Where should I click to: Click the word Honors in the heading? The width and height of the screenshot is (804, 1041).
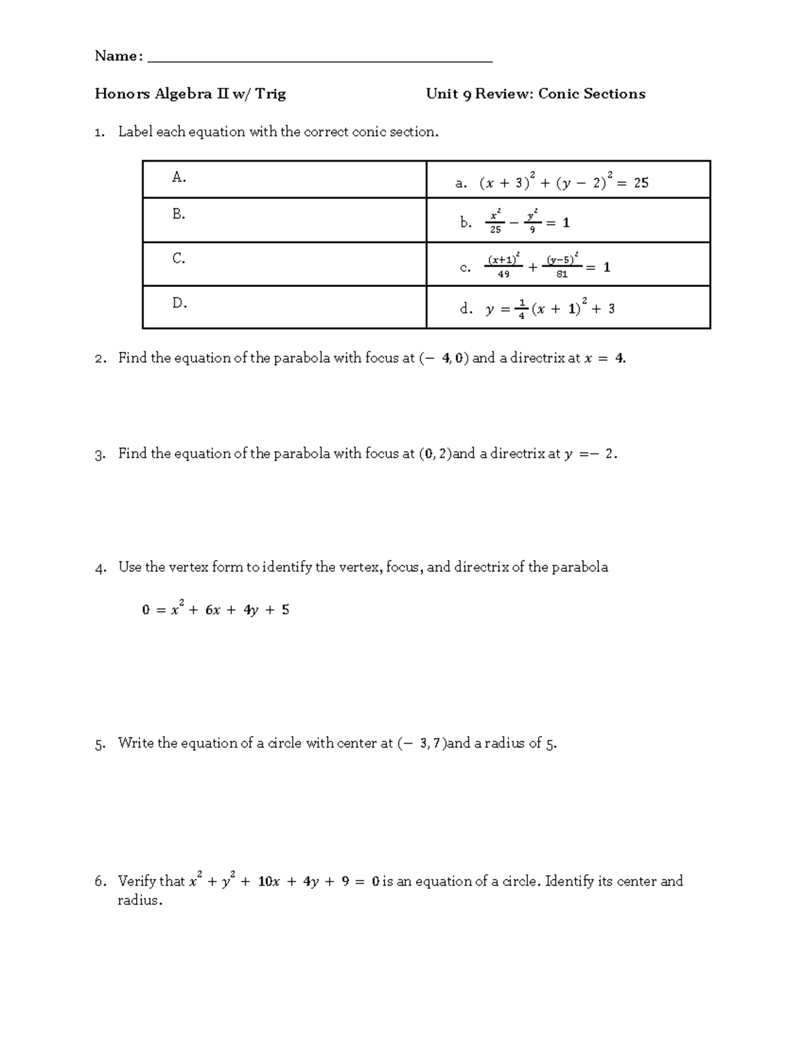(123, 94)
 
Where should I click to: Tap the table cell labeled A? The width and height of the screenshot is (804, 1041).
(284, 179)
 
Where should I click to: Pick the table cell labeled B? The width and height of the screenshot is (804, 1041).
(284, 220)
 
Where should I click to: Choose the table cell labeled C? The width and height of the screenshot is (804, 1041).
(284, 264)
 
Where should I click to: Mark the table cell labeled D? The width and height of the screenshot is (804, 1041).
(284, 307)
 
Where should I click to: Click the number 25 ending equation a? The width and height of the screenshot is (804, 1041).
(641, 183)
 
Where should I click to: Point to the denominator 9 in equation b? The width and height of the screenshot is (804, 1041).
(533, 230)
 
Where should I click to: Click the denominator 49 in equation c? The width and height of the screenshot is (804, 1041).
(503, 274)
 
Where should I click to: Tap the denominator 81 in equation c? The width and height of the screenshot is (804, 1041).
(561, 274)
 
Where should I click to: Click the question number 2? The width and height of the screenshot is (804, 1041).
(99, 359)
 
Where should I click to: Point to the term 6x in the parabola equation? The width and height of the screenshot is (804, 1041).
(213, 610)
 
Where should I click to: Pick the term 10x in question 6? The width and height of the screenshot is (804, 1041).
(268, 881)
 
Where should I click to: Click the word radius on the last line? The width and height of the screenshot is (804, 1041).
(139, 900)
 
